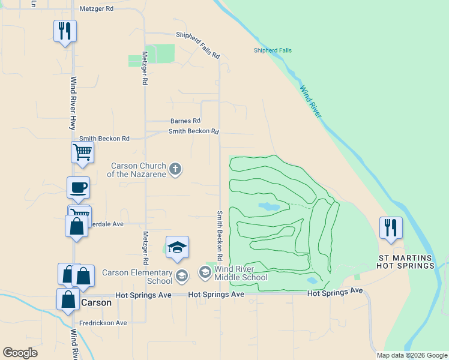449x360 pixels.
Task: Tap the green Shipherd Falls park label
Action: coord(273,50)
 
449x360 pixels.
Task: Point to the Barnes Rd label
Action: coord(185,121)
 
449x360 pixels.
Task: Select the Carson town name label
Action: coord(96,302)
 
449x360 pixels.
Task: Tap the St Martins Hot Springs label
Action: coord(405,262)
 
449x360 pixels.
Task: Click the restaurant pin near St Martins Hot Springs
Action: coord(391,227)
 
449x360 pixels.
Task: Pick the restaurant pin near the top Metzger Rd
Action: coord(65,31)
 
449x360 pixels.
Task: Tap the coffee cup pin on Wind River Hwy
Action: coord(78,187)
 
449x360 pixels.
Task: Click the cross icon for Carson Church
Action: coord(175,169)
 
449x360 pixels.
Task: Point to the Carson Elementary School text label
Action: coord(137,277)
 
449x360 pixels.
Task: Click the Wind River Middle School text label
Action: coord(241,273)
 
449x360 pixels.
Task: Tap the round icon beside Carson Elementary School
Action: coord(183,275)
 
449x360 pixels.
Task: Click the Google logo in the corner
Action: coord(20,353)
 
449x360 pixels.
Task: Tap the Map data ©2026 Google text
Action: coord(412,355)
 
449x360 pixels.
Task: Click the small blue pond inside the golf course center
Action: coord(269,206)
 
